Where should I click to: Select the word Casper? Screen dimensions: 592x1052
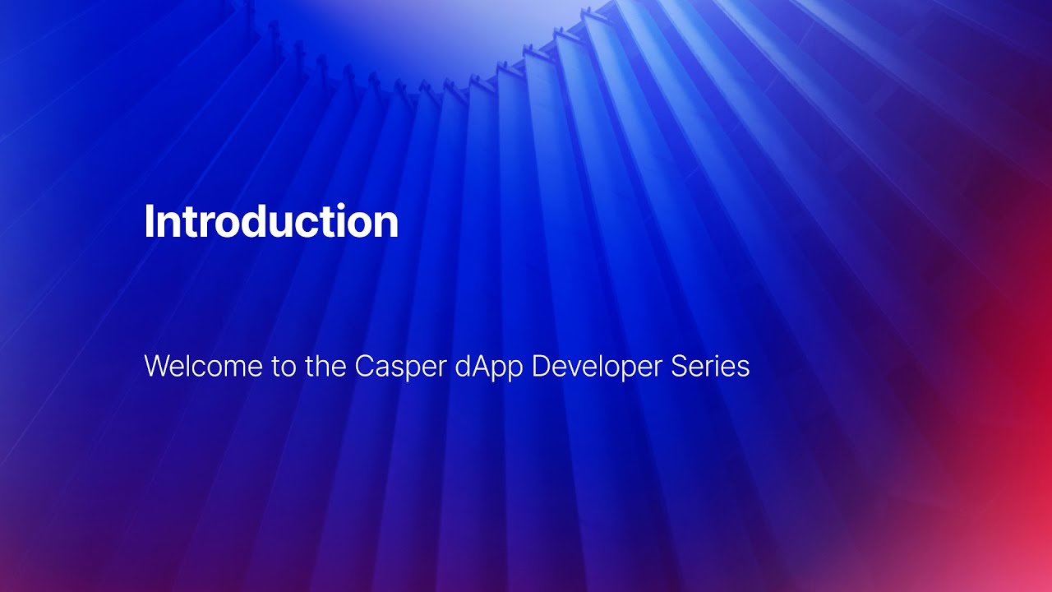(x=400, y=367)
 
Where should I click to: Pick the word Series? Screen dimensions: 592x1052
(x=710, y=367)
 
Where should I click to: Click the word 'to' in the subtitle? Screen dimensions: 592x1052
(x=283, y=367)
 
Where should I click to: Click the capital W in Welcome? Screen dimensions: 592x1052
(x=157, y=367)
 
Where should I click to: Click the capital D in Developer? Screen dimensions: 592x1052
(x=541, y=367)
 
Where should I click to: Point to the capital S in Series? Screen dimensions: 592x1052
(x=680, y=367)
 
